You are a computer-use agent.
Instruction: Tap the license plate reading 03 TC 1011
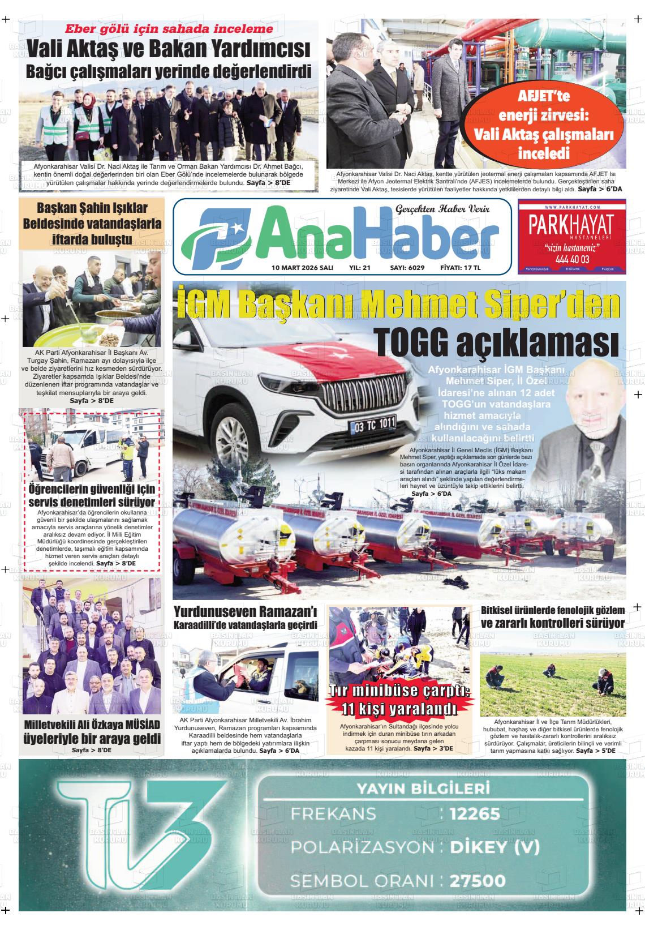[x=373, y=424]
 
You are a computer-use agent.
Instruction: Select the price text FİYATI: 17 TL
[x=461, y=268]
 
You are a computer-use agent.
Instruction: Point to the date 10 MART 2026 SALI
[x=302, y=268]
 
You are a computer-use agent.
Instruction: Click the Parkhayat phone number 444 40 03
[x=572, y=259]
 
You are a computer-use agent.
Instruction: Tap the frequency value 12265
[x=475, y=814]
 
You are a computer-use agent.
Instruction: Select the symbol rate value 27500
[x=478, y=881]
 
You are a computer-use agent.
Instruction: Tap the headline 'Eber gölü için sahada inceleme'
[x=169, y=29]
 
